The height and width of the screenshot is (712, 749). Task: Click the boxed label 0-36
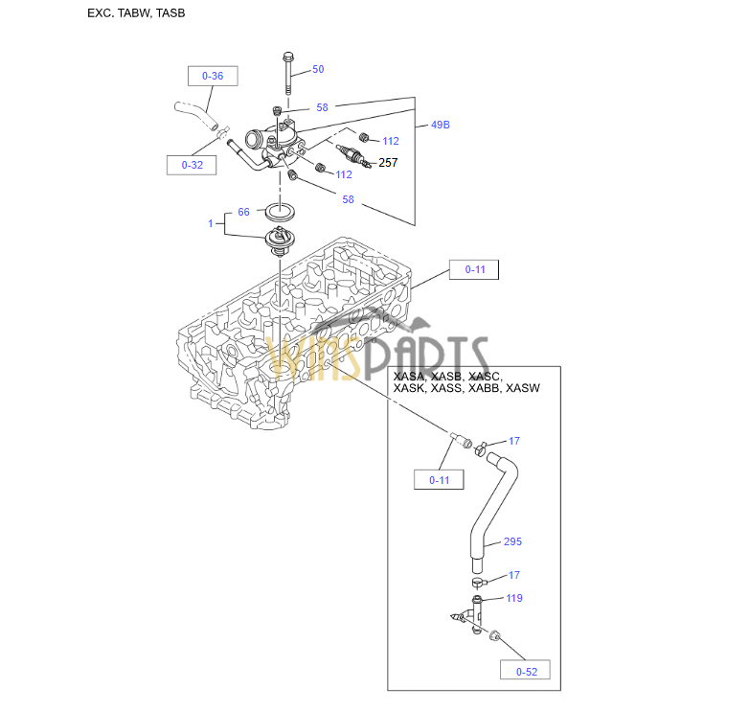coord(212,76)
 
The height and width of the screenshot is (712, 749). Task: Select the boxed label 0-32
coord(192,165)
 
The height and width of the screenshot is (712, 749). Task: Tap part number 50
coord(318,69)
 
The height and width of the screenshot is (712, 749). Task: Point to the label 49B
coord(440,125)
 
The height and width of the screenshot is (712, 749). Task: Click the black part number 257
coord(388,163)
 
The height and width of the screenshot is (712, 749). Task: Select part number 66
coord(243,212)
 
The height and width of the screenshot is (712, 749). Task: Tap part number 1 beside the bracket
coord(211,223)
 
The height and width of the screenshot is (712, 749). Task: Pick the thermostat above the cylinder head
coord(280,241)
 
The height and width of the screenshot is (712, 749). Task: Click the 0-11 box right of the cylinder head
coord(475,269)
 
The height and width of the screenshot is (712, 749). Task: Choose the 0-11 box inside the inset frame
coord(439,480)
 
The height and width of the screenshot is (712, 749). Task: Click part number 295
coord(512,541)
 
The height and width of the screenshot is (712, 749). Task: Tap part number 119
coord(514,598)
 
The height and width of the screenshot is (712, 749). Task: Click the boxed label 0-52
coord(526,671)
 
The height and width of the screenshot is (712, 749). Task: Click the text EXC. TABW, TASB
coord(136,13)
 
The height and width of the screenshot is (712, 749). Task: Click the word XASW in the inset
coord(522,388)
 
